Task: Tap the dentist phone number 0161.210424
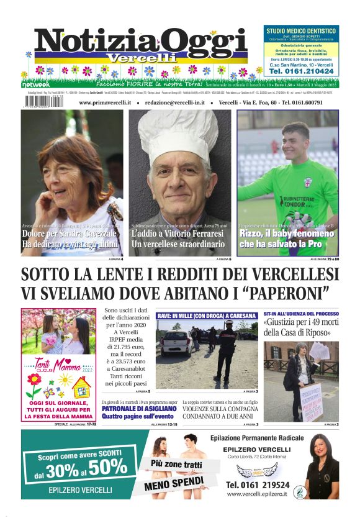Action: click(x=301, y=71)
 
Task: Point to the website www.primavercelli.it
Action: click(x=109, y=102)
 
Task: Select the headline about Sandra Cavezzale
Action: click(x=70, y=239)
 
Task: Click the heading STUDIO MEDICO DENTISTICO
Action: click(x=301, y=30)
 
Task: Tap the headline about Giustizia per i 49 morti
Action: click(x=300, y=328)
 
